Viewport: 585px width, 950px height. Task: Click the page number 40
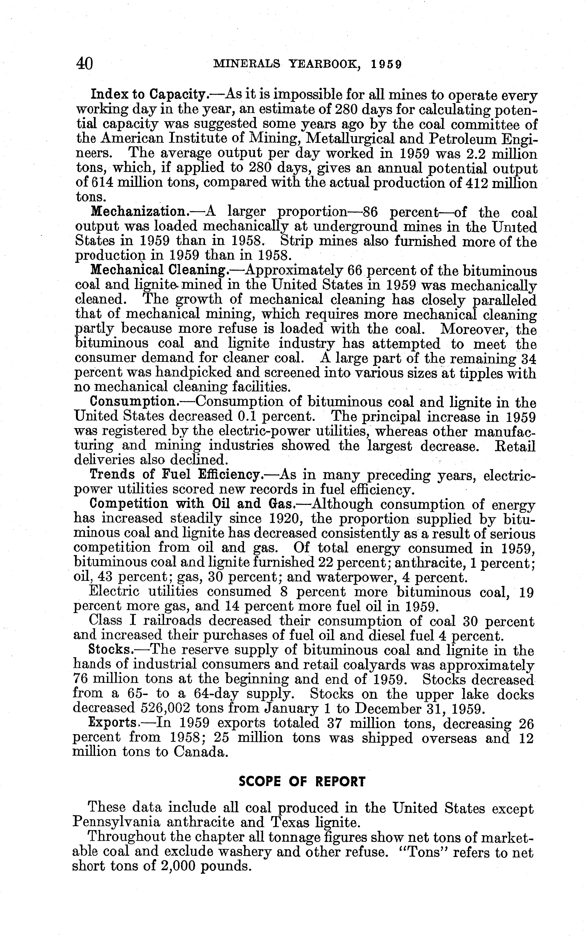(84, 63)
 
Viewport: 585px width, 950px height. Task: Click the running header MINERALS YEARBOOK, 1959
(308, 64)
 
